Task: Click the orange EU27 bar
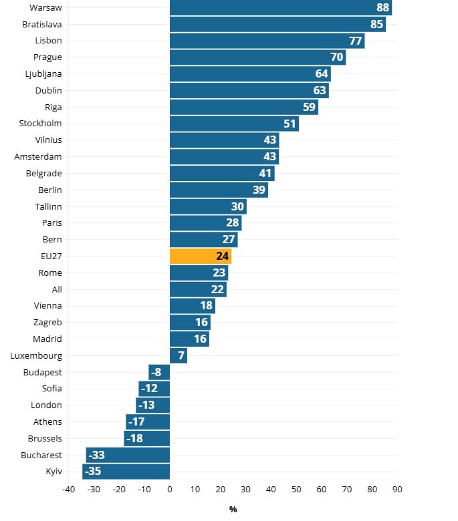pos(201,256)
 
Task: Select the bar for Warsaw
pos(281,7)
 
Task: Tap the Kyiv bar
pos(126,472)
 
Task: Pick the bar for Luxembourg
pos(179,355)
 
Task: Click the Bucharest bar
pos(128,455)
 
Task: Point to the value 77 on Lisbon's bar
pos(355,41)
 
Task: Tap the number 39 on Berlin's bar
pos(259,190)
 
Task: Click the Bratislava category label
pos(42,24)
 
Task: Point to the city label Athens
pos(47,421)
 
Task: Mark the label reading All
pos(57,289)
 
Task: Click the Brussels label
pos(45,438)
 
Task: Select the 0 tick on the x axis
pos(170,489)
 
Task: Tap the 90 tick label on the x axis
pos(398,489)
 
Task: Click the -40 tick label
pos(68,489)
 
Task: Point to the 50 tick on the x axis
pos(297,489)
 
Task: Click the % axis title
pos(233,509)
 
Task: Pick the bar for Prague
pos(257,57)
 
